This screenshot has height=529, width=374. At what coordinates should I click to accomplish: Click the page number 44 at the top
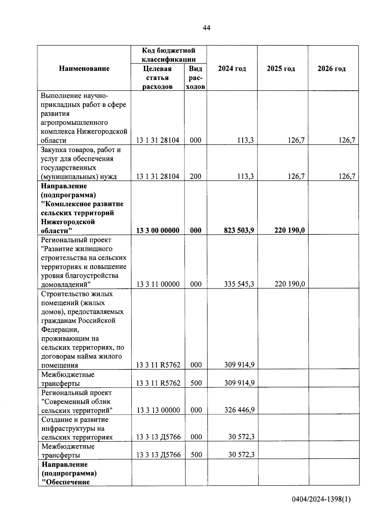pyautogui.click(x=206, y=28)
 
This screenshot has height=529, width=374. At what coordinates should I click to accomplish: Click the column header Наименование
pyautogui.click(x=84, y=69)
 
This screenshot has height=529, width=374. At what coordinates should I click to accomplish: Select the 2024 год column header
pyautogui.click(x=232, y=69)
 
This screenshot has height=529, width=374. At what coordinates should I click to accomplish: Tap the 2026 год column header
pyautogui.click(x=332, y=69)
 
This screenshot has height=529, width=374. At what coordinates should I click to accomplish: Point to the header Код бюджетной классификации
pyautogui.click(x=169, y=55)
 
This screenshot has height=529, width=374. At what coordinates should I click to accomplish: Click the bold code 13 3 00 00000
pyautogui.click(x=158, y=231)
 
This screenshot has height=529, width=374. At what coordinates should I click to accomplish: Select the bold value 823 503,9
pyautogui.click(x=239, y=231)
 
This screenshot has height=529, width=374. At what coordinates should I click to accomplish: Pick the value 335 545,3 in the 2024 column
pyautogui.click(x=239, y=284)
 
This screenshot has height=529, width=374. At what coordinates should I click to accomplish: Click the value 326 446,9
pyautogui.click(x=239, y=410)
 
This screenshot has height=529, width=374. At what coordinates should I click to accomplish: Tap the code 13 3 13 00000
pyautogui.click(x=158, y=410)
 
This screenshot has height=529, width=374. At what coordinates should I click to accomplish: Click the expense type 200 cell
pyautogui.click(x=195, y=176)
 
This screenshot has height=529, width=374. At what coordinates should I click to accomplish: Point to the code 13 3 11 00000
pyautogui.click(x=158, y=284)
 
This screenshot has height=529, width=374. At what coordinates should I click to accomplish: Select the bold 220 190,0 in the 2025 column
pyautogui.click(x=290, y=230)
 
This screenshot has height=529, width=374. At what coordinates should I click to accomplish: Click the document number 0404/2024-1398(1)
pyautogui.click(x=321, y=499)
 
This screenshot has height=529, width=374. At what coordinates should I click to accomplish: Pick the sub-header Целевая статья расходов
pyautogui.click(x=157, y=78)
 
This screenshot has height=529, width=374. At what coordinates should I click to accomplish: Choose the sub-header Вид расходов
pyautogui.click(x=195, y=78)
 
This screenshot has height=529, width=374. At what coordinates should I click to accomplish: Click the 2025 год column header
pyautogui.click(x=281, y=69)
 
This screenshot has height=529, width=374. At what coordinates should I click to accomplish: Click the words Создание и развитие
pyautogui.click(x=75, y=420)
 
